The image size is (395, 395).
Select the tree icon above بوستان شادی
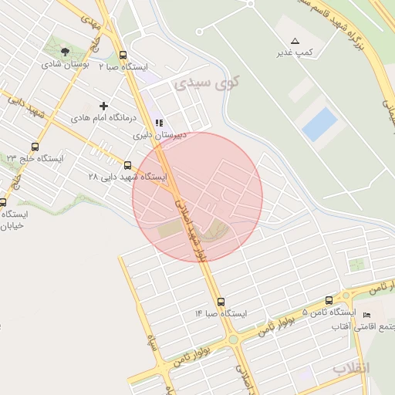[x=66, y=51]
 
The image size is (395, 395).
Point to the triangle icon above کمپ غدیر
[x=295, y=40]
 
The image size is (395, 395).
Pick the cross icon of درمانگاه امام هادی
[x=104, y=105]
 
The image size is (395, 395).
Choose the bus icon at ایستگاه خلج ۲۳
[x=35, y=147]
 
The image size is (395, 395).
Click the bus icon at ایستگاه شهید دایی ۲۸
[x=128, y=164]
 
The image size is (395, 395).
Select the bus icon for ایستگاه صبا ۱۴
[x=221, y=302]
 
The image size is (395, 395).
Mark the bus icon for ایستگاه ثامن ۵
[x=329, y=300]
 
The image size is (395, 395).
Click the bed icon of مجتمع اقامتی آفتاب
[x=366, y=315]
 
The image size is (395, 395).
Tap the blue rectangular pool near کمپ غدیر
[x=319, y=124]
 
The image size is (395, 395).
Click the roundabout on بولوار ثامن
[x=232, y=339]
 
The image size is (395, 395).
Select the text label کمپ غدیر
[x=295, y=52]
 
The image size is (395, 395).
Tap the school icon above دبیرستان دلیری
[x=158, y=123]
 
